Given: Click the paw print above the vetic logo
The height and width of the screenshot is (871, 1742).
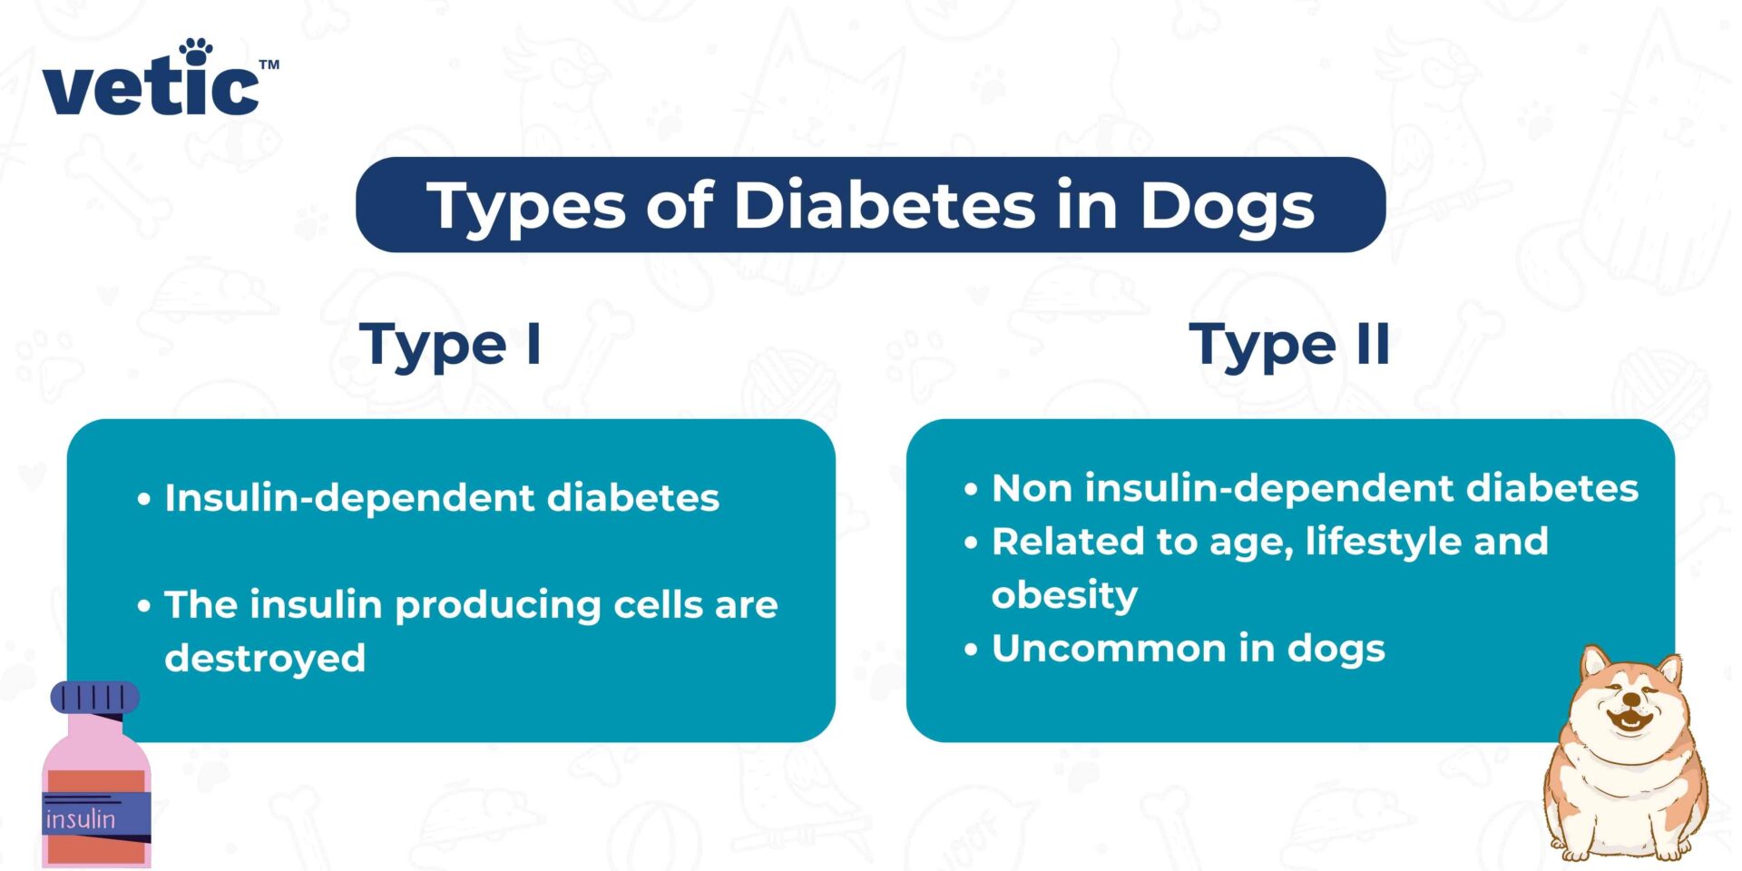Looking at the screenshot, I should (195, 51).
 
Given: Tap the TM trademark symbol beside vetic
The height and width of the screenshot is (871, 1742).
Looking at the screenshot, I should (269, 65).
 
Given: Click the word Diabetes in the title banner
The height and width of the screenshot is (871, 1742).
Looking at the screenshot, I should (884, 205).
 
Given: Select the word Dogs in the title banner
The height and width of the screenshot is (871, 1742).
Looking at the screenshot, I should (1227, 207).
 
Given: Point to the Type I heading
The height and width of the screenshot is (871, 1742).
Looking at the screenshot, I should (451, 346).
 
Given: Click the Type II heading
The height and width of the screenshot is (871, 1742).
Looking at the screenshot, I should (1289, 346).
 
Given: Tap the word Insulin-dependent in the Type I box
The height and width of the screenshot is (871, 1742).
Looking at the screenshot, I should (349, 498).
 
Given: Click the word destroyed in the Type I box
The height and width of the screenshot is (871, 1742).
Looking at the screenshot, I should (265, 658).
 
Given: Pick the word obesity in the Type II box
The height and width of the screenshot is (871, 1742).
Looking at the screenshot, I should (1064, 595).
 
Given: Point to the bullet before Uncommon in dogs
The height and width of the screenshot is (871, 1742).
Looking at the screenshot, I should (972, 650).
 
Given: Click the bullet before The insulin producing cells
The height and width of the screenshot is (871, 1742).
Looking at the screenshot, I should (144, 605).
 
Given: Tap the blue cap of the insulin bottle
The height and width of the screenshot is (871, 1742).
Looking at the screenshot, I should (94, 697).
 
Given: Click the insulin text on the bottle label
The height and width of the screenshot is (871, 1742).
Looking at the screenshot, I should (81, 819).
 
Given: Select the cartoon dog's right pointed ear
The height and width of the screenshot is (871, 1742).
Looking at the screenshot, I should (1669, 670).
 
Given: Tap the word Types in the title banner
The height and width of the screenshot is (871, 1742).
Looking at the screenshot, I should (526, 207).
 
